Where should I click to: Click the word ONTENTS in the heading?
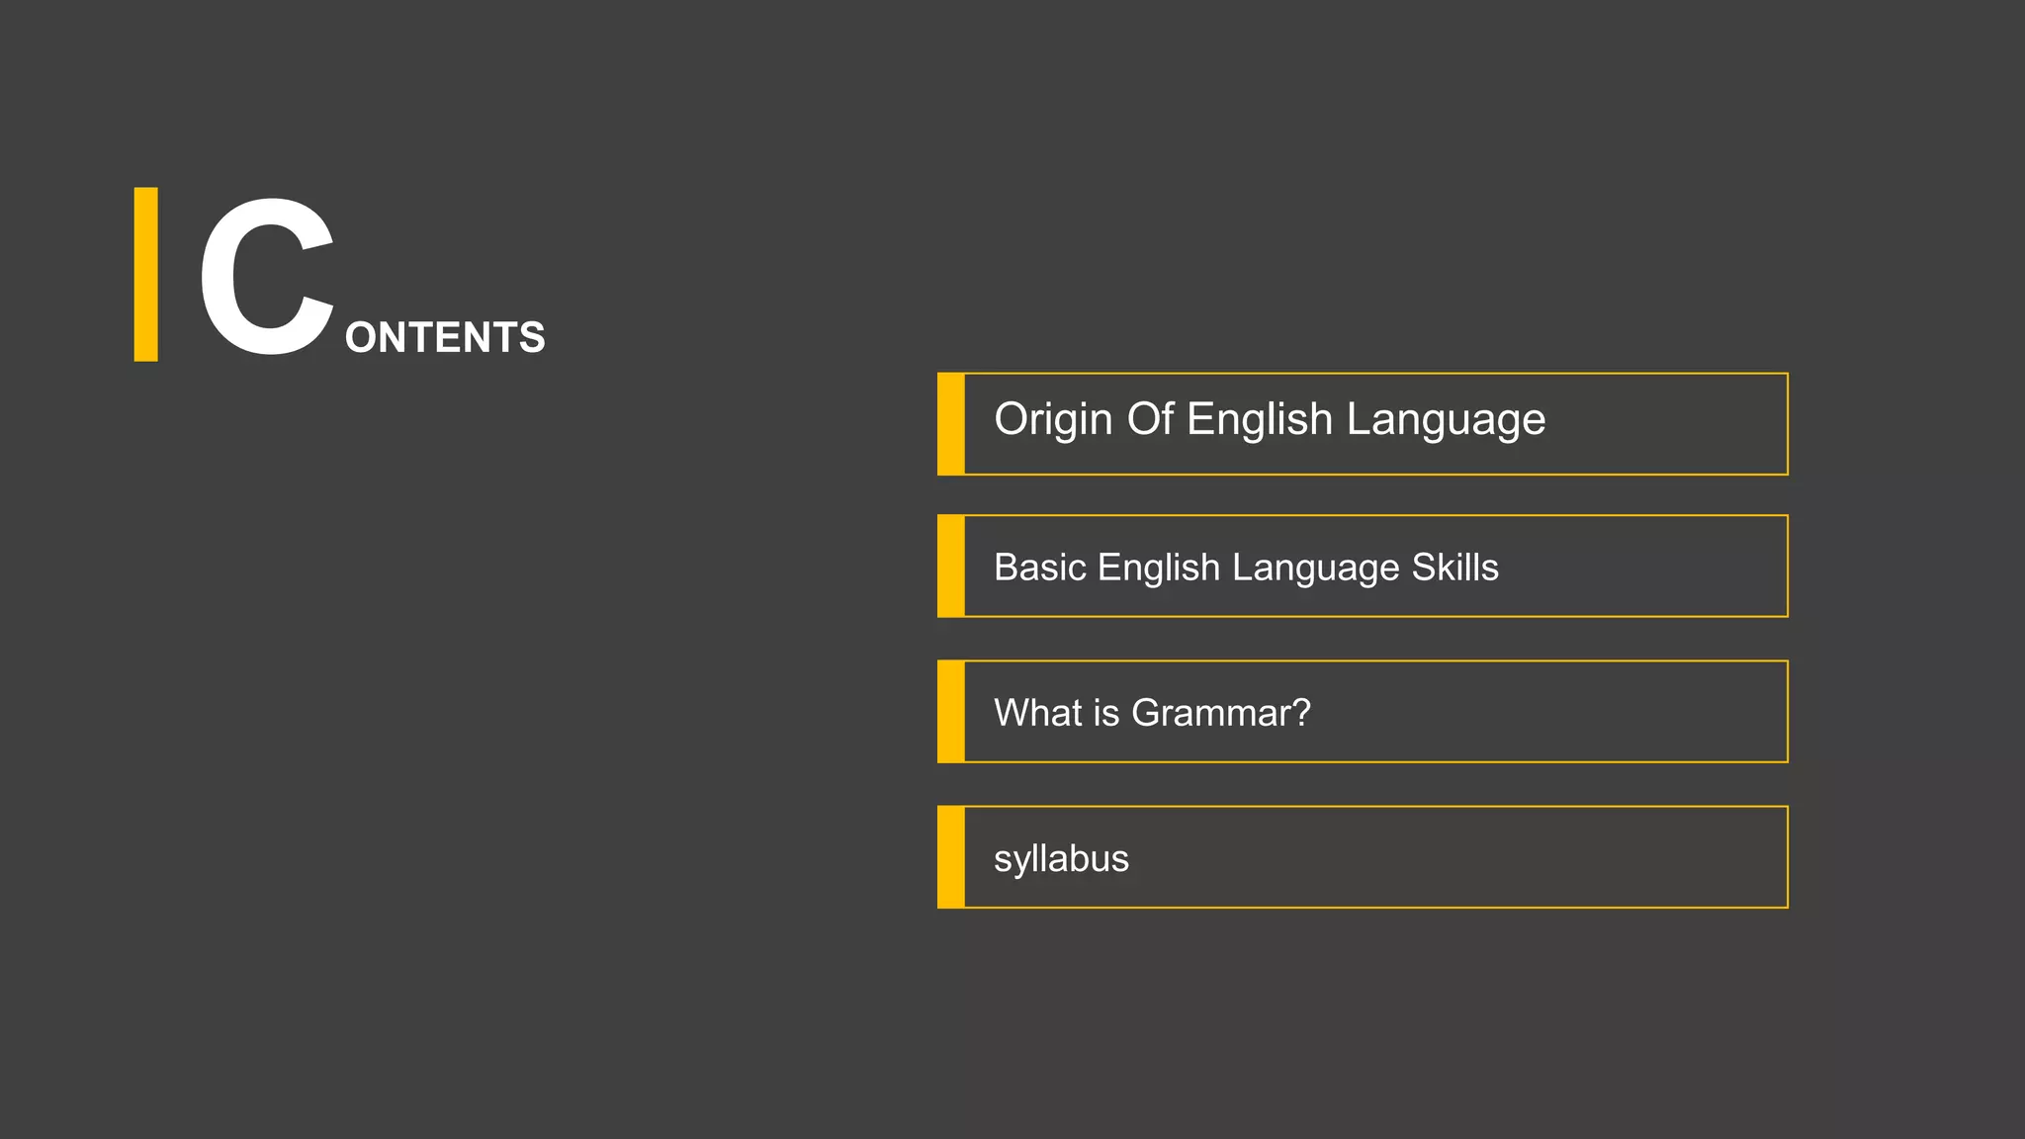tap(445, 338)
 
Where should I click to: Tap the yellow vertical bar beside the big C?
tap(146, 274)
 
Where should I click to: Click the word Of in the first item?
tap(1150, 419)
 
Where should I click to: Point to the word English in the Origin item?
tap(1260, 420)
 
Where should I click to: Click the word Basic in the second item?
tap(1039, 568)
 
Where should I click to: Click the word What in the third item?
tap(1037, 713)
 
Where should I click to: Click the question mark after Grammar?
tap(1301, 713)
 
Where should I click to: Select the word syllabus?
tap(1061, 859)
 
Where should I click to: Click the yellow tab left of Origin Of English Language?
tap(951, 424)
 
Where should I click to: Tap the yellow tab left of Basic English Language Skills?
tap(951, 566)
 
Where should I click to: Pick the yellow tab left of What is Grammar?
tap(951, 712)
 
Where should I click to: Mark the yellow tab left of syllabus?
tap(951, 857)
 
